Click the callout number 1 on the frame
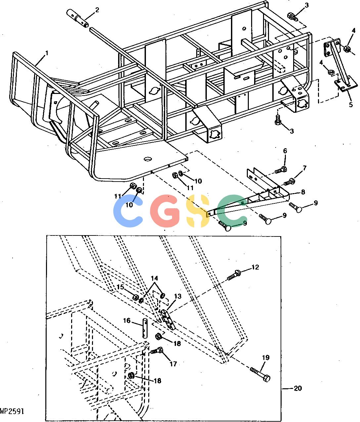(47, 54)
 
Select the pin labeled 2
(78, 19)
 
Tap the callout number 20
(298, 388)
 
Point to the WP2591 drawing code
(12, 411)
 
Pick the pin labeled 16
(145, 328)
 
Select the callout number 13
(178, 296)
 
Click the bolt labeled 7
(289, 181)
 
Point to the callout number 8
(303, 192)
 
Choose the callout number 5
(351, 105)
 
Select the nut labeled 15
(136, 297)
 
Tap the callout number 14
(155, 278)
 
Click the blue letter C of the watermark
(128, 211)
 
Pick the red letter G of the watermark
(165, 211)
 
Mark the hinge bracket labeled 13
(168, 320)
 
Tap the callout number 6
(285, 151)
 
